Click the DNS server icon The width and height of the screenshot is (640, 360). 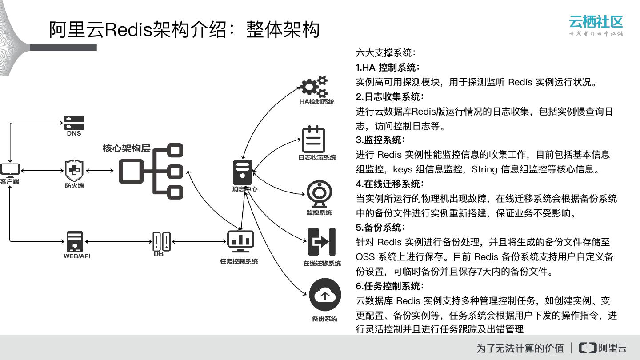click(x=74, y=123)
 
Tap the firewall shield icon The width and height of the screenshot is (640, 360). click(x=74, y=171)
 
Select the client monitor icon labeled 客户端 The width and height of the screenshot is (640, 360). click(x=10, y=170)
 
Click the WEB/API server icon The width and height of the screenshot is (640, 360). click(x=74, y=241)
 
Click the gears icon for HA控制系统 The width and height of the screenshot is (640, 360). click(x=314, y=86)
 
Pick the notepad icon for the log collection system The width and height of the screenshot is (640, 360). click(x=314, y=140)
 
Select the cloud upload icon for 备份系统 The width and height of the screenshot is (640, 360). click(x=325, y=296)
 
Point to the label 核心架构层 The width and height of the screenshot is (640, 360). click(x=126, y=148)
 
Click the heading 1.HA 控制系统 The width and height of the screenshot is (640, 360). click(x=388, y=68)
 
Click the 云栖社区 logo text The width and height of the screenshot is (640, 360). click(x=596, y=21)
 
